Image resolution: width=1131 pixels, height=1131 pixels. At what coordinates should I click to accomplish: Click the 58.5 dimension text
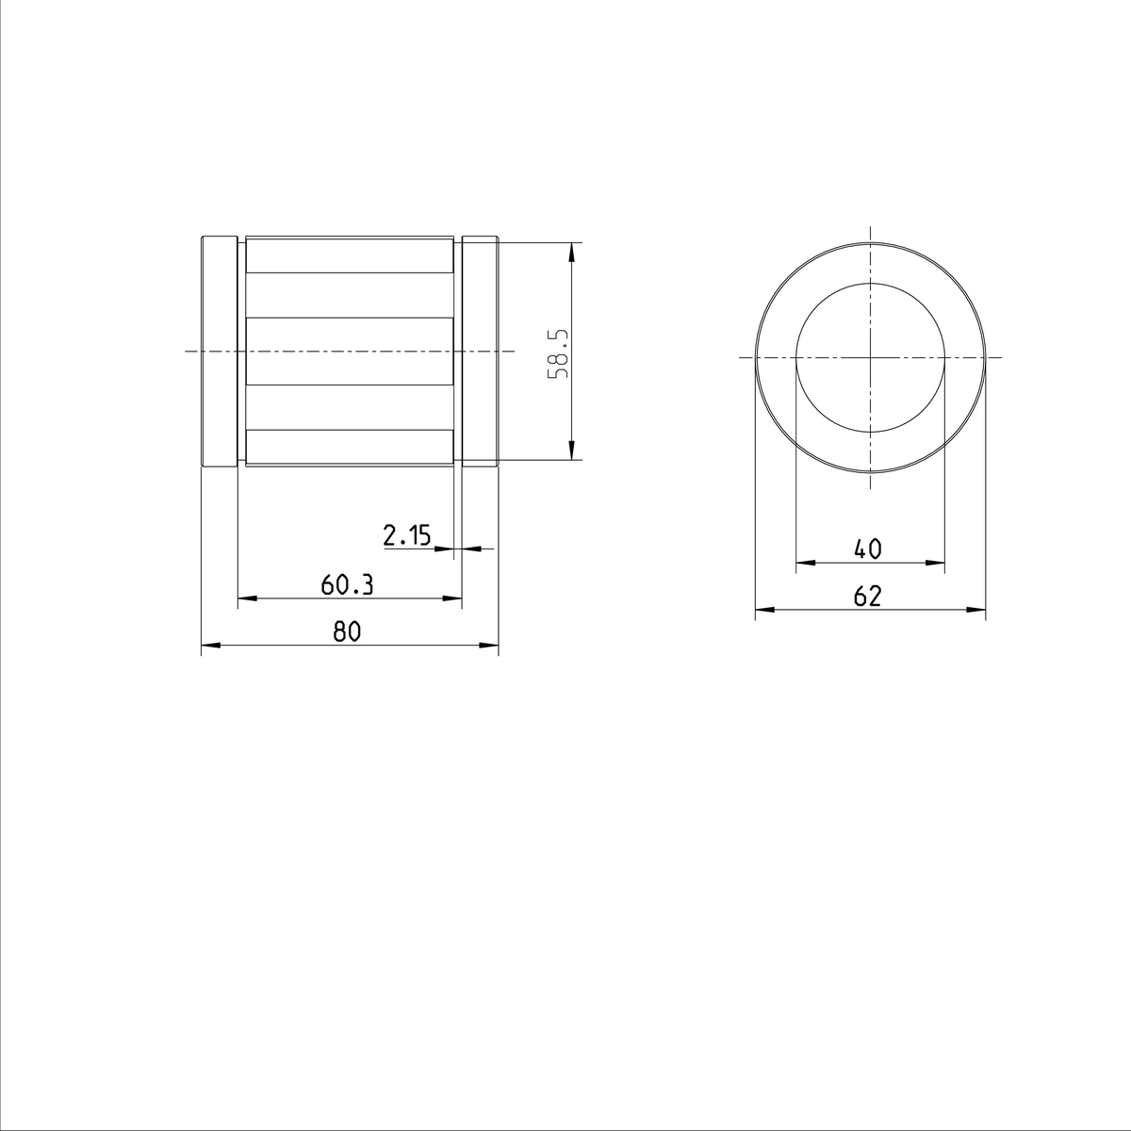[x=559, y=353]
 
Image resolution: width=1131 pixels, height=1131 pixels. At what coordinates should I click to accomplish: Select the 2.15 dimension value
[x=406, y=536]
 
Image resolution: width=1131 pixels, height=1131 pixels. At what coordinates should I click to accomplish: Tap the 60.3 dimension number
[x=347, y=585]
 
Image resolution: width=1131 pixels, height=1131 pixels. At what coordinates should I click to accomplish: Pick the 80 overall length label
[x=347, y=632]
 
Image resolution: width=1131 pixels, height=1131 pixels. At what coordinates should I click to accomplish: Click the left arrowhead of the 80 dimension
[x=210, y=646]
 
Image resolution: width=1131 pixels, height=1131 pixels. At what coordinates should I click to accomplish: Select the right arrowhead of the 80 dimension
[x=489, y=646]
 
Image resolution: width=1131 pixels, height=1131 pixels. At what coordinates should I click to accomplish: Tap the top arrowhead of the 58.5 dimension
[x=571, y=252]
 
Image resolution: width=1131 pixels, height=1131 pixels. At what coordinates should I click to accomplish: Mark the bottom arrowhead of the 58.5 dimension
[x=571, y=451]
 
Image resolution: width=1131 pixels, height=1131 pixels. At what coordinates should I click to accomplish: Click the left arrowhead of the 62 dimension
[x=764, y=611]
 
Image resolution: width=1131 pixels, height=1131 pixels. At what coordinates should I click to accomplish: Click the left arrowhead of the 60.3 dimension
[x=247, y=598]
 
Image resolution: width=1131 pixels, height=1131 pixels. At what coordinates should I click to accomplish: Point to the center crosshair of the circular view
[x=870, y=357]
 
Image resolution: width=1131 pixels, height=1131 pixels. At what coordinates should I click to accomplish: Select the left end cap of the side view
[x=219, y=352]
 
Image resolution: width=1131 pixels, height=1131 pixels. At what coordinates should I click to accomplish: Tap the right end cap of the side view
[x=480, y=352]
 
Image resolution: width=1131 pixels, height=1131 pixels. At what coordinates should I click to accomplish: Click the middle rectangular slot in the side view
[x=350, y=352]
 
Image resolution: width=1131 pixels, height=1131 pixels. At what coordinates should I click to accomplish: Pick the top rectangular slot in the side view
[x=350, y=256]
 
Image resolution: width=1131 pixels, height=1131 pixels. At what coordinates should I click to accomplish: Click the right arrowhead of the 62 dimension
[x=976, y=611]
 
